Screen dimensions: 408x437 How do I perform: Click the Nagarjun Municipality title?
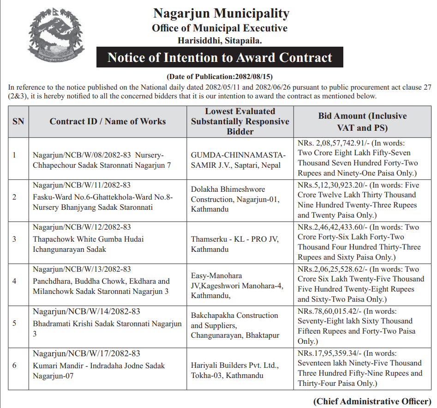221,13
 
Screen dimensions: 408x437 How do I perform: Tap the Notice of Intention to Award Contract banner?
220,58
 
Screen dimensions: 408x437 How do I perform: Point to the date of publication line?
220,76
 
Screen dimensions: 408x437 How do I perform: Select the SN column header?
18,122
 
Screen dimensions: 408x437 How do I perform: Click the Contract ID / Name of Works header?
108,122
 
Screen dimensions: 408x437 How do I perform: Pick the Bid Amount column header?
362,122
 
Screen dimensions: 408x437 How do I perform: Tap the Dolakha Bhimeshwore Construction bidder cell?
238,199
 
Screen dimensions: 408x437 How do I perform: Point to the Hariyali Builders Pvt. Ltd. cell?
235,370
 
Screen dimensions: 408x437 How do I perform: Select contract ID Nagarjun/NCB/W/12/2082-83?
82,227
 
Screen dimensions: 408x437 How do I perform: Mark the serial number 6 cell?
14,365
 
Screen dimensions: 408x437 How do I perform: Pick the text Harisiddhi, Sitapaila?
220,41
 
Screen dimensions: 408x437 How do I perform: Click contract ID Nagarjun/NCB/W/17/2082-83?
86,354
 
